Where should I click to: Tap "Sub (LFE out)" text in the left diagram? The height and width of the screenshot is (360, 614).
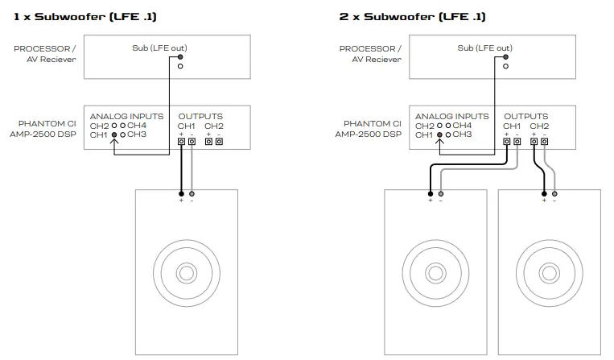[x=159, y=48]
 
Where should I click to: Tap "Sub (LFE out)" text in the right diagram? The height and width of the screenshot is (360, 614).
[x=484, y=48]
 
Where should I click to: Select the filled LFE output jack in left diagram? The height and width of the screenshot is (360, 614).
[x=181, y=57]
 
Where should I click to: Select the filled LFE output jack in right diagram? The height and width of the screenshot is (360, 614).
[x=506, y=57]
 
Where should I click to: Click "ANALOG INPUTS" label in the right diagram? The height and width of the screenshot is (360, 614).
[x=453, y=116]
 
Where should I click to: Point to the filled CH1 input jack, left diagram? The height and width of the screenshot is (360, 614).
[x=113, y=134]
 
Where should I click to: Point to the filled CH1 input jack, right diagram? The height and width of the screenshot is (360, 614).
[x=439, y=134]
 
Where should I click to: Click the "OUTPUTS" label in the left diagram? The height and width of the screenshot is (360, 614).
[x=200, y=116]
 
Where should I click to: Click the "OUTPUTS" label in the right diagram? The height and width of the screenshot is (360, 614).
[x=525, y=116]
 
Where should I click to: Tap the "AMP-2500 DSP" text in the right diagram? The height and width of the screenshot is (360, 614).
[x=368, y=134]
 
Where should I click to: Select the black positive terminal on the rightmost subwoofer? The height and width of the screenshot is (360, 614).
[x=545, y=193]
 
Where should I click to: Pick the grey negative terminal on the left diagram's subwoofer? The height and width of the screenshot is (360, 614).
[x=192, y=193]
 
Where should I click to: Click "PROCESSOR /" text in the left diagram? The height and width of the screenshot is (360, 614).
[x=46, y=49]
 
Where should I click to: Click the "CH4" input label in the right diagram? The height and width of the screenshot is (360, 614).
[x=462, y=126]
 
